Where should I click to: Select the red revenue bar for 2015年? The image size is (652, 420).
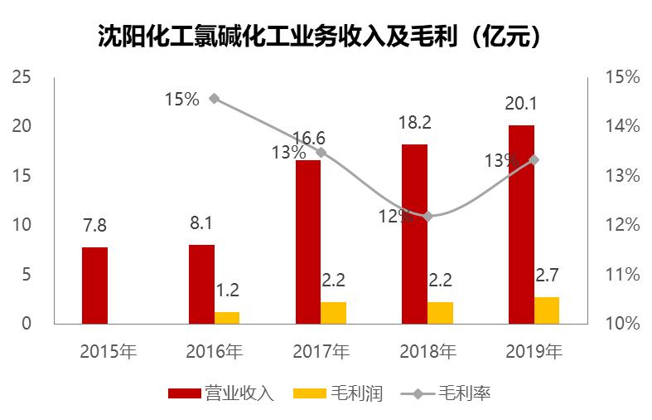95,285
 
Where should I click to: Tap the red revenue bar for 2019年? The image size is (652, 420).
521,224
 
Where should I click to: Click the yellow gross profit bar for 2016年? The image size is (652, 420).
227,317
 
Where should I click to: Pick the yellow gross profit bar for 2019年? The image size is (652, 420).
547,310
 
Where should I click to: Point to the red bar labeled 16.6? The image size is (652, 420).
308,242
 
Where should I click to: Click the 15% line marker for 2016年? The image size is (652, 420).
215,99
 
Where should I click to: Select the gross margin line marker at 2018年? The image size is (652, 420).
427,217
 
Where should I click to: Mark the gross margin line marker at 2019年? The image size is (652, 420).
534,159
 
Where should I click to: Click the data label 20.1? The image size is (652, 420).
521,104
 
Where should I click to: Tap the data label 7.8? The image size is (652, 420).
94,226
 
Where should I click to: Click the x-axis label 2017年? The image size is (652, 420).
321,351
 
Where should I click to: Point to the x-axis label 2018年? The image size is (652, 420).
427,351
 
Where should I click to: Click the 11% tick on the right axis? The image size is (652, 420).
621,275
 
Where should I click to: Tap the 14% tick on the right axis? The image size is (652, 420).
621,126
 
